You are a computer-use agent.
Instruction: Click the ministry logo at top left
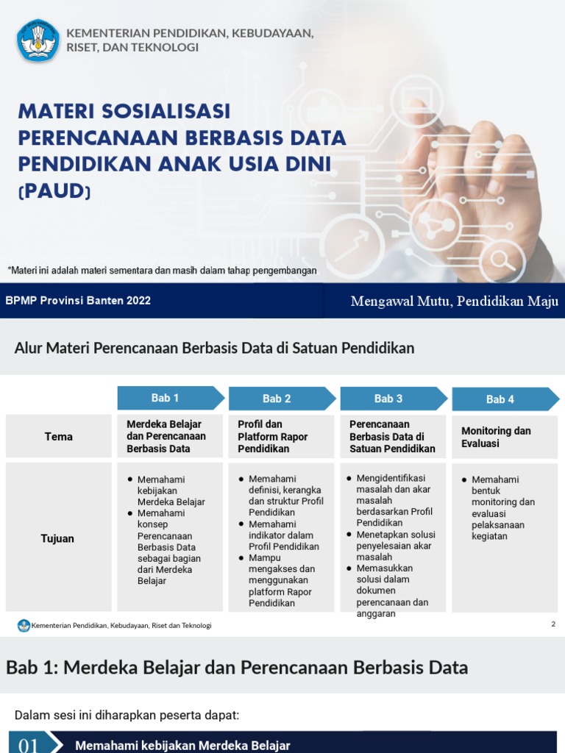38,40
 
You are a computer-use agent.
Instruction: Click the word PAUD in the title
54,192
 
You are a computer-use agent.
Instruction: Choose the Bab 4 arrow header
504,399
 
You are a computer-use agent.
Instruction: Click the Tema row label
58,437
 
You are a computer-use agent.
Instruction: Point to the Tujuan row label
57,538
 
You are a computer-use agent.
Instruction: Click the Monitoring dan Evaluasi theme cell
496,437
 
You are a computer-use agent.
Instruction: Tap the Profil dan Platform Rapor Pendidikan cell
273,436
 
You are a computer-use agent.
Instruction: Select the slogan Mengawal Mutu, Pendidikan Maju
455,301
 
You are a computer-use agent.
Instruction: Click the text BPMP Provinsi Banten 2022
78,301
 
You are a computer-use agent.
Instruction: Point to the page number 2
553,624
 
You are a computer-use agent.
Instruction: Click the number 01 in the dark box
28,745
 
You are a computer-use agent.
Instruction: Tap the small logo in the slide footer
24,625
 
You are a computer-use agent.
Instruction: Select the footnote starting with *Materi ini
162,271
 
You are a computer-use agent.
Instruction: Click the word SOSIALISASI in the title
163,111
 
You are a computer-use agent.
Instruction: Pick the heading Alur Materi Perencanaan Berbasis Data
214,348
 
